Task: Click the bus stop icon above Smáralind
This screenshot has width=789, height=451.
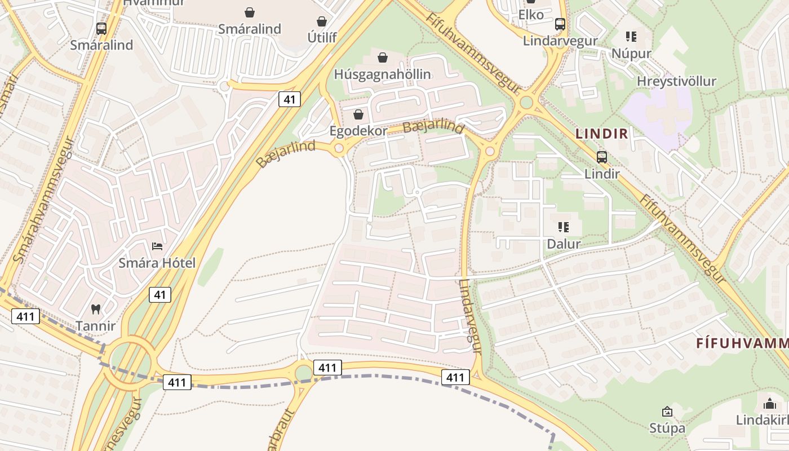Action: pos(101,28)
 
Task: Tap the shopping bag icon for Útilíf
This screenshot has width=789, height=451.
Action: pos(322,21)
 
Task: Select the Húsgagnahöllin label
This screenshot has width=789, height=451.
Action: pos(382,74)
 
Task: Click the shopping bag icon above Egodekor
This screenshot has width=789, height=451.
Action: pos(358,115)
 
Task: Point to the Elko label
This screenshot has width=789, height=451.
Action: pos(531,15)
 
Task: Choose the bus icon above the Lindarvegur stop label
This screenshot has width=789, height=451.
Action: pos(560,24)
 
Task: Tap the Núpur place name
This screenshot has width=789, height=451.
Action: pos(631,54)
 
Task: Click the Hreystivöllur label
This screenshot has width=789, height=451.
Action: pos(676,81)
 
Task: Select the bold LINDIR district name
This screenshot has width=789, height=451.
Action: pos(601,134)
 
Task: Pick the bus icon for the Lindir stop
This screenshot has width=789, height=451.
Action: pos(602,157)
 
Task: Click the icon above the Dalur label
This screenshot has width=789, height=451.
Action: pos(563,227)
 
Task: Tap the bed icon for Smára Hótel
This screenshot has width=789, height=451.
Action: pos(157,246)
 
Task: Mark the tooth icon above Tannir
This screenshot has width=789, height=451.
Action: pos(95,309)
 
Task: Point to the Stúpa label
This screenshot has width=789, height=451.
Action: pos(667,428)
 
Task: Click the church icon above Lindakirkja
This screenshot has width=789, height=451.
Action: pos(769,404)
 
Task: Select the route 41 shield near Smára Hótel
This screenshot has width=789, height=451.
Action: pos(161,294)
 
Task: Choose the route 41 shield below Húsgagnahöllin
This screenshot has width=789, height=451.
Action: pos(289,100)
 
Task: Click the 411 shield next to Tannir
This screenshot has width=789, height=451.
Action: pos(25,316)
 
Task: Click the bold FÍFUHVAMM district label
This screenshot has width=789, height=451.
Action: pos(742,343)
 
